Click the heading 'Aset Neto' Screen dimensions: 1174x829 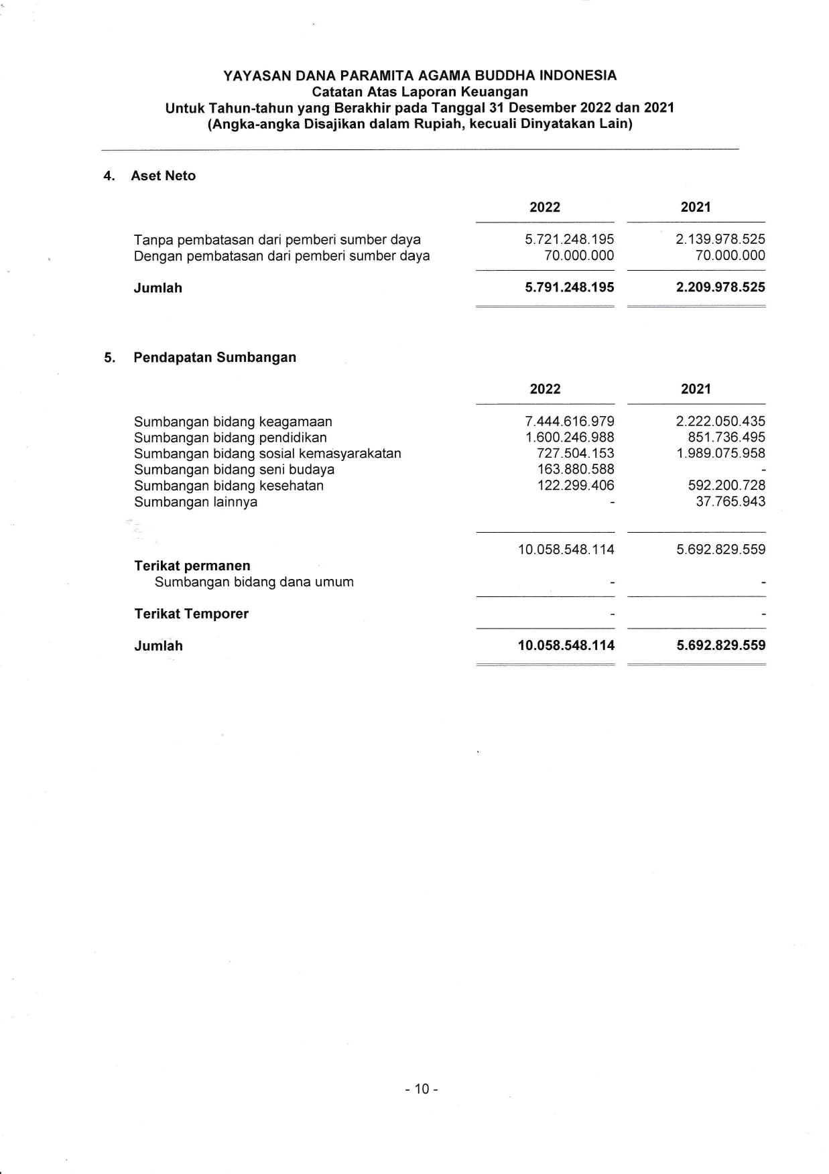tap(163, 176)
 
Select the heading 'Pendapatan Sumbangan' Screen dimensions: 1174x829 tap(214, 358)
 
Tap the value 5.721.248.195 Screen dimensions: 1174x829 tap(569, 240)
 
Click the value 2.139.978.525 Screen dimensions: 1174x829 tap(720, 240)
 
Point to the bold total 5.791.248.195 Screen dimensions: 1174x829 tap(569, 287)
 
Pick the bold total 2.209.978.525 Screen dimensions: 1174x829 tap(720, 287)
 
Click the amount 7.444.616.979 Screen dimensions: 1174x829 tap(569, 421)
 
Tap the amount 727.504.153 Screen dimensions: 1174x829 tap(575, 454)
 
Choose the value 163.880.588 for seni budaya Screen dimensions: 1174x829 tap(575, 470)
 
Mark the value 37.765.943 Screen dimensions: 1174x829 tap(730, 502)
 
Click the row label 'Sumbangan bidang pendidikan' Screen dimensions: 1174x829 tap(230, 438)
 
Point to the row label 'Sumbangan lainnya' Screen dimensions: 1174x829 tap(195, 503)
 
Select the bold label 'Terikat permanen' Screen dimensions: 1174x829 tap(192, 566)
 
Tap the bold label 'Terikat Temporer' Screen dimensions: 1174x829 tap(191, 614)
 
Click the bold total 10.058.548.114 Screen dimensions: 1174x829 tap(566, 646)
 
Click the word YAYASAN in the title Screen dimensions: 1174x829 tap(257, 76)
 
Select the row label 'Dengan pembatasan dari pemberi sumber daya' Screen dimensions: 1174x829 tap(281, 256)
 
